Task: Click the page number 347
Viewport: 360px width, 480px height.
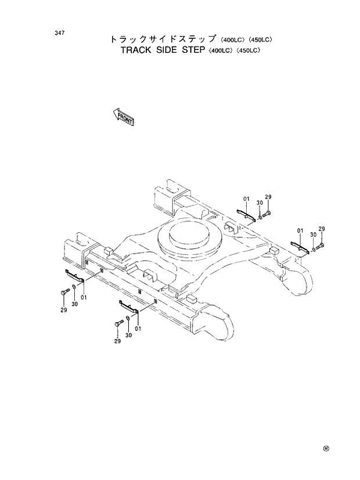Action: pyautogui.click(x=59, y=33)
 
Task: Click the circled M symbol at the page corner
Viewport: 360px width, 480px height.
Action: pyautogui.click(x=326, y=449)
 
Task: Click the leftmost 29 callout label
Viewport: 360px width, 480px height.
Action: pyautogui.click(x=63, y=310)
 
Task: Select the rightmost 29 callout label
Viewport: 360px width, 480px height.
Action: pyautogui.click(x=321, y=229)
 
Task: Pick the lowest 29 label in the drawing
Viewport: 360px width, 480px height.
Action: pyautogui.click(x=117, y=341)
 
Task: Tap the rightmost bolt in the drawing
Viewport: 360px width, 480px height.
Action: pyautogui.click(x=321, y=248)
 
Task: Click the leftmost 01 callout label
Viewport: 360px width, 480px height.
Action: pyautogui.click(x=84, y=298)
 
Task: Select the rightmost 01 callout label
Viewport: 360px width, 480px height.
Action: pyautogui.click(x=300, y=230)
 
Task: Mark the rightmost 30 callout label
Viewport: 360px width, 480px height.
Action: pyautogui.click(x=312, y=234)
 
